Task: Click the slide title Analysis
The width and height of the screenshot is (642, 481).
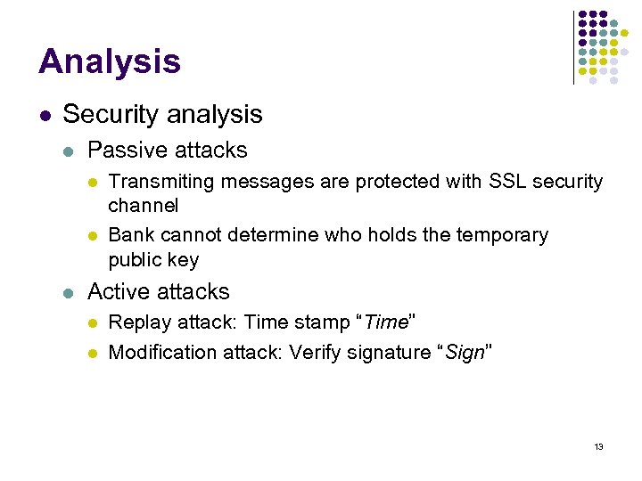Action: tap(110, 62)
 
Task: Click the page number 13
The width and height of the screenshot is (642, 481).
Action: tap(598, 446)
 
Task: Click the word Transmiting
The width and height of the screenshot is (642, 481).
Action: tap(161, 182)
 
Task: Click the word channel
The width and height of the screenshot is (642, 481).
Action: tap(143, 206)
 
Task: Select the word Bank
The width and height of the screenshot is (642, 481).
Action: tap(130, 235)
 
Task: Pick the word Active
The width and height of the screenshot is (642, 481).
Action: tap(116, 291)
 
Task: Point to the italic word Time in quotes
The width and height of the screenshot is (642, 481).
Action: tap(390, 322)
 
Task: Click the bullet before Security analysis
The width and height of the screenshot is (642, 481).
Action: tap(43, 115)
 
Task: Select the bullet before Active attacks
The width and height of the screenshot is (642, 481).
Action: tap(69, 292)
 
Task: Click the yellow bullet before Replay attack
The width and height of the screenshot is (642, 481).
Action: tap(91, 322)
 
